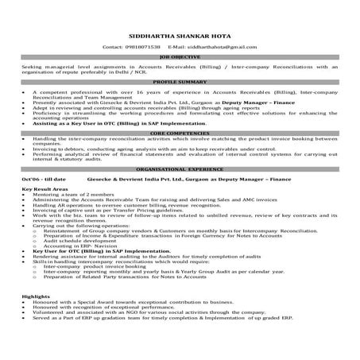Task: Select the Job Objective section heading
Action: (180, 57)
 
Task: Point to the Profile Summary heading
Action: (180, 82)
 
